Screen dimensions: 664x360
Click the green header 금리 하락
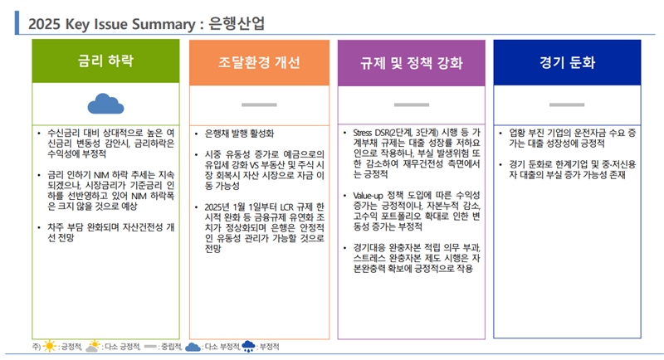coord(106,61)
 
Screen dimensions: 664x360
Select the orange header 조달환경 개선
coord(259,62)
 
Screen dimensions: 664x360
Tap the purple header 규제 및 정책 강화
coord(411,63)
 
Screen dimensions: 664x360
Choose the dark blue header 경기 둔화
coord(567,62)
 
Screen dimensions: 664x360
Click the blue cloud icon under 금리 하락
coord(106,105)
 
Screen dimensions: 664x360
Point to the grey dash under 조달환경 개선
coord(259,105)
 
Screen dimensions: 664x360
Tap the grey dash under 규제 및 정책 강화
coord(412,105)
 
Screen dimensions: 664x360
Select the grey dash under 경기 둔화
coord(567,105)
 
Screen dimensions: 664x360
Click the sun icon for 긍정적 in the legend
coord(50,347)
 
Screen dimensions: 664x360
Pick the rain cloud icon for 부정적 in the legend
coord(248,347)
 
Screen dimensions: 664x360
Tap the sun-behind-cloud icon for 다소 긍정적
coord(93,346)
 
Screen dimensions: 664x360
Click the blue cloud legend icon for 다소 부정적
coord(193,348)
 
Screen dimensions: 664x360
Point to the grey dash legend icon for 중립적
coord(151,347)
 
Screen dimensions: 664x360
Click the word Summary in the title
coord(164,24)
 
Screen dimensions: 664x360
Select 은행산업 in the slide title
coord(237,23)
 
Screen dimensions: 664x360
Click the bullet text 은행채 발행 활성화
coord(239,134)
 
